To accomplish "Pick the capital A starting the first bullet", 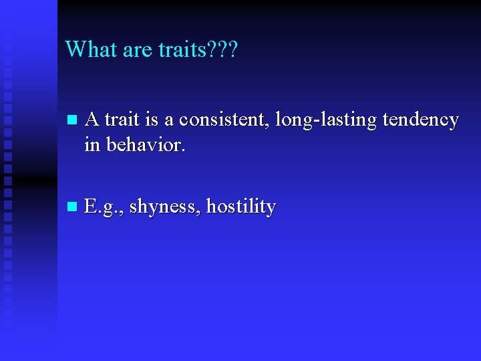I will (93, 120).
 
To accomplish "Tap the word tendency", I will (421, 120).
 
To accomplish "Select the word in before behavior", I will (92, 144).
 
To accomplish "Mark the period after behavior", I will (182, 150).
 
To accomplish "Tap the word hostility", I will (241, 207).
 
